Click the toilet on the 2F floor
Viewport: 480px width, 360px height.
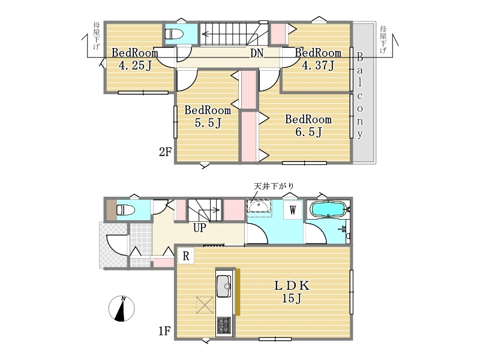coord(174,34)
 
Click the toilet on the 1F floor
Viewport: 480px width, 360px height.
coord(125,210)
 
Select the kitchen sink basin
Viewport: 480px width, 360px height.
coord(224,286)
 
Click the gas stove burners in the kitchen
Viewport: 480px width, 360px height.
coord(224,325)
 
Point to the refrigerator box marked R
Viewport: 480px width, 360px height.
coord(186,256)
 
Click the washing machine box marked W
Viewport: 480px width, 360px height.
coord(293,210)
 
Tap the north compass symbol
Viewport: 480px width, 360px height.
coord(122,308)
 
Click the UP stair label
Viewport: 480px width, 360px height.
coord(200,228)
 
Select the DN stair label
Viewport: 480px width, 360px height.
coord(257,53)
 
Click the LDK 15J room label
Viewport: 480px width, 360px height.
coord(292,292)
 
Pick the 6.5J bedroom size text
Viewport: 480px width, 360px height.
coord(308,132)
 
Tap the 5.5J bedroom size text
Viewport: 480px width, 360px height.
coord(208,123)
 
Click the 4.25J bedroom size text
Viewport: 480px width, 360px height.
coord(135,65)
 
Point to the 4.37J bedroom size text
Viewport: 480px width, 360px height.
coord(319,65)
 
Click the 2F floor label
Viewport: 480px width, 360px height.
coord(166,152)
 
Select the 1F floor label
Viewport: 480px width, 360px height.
coord(164,331)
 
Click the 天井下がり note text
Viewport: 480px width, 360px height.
coord(274,186)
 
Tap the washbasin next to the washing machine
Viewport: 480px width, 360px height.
coord(259,206)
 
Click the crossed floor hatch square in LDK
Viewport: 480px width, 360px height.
coord(205,305)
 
